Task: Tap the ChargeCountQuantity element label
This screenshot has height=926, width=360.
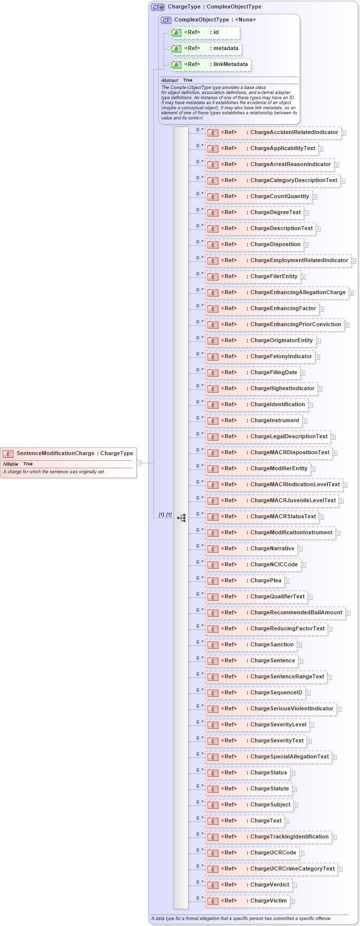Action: [279, 197]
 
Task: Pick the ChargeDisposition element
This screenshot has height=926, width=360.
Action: [275, 245]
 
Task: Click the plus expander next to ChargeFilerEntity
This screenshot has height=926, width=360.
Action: [303, 277]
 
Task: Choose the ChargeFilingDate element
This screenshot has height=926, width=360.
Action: [273, 373]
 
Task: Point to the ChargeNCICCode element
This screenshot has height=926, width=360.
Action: [273, 565]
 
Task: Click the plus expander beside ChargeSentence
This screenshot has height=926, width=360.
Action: [300, 661]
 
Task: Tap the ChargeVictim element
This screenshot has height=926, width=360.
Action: [268, 901]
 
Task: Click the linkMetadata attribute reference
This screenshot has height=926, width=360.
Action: [228, 65]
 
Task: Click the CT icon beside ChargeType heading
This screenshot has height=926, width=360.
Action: [157, 7]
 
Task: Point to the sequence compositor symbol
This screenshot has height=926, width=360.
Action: [181, 518]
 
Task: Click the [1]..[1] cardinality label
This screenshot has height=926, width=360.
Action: [165, 515]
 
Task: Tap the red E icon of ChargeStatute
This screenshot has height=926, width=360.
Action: [213, 789]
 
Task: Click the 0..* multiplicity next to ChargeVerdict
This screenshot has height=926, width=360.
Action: [199, 882]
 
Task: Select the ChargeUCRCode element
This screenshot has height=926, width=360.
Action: [273, 853]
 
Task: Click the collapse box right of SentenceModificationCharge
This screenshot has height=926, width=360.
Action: [139, 463]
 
